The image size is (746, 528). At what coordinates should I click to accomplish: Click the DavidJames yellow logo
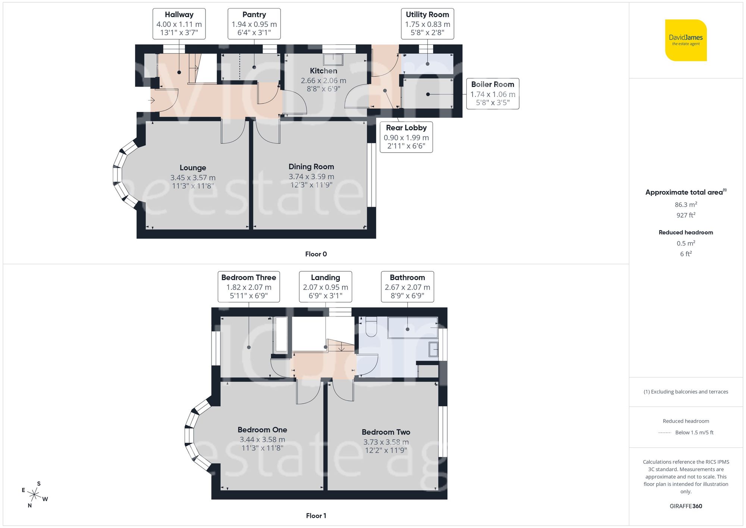point(686,40)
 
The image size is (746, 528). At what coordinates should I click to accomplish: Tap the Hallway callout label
point(179,24)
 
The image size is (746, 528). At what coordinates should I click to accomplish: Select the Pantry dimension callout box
point(254,24)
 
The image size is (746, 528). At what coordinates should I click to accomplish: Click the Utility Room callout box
point(427,24)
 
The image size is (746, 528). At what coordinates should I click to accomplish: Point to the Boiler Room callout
point(492,93)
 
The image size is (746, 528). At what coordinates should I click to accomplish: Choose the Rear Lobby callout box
point(406,137)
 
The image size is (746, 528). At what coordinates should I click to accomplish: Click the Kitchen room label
point(323,71)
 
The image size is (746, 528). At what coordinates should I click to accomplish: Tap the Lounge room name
point(192,168)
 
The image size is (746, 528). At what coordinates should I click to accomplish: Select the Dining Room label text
point(311,167)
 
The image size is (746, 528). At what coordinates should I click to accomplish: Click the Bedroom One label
point(262,430)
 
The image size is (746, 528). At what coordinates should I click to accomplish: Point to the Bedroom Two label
point(386,432)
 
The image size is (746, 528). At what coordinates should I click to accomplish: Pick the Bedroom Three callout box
point(248,286)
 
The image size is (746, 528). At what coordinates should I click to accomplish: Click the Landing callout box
point(325,286)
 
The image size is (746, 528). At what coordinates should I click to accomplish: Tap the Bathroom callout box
point(407,286)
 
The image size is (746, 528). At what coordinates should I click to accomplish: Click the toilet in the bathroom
point(371,327)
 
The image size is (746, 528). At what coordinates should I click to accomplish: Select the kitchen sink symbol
point(333,59)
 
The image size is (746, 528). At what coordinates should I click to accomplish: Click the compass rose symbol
point(34,495)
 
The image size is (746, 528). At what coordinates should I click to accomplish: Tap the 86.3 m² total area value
point(686,204)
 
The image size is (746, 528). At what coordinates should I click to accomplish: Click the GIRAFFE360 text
point(686,506)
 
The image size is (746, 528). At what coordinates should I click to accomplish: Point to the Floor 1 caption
point(316,516)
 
